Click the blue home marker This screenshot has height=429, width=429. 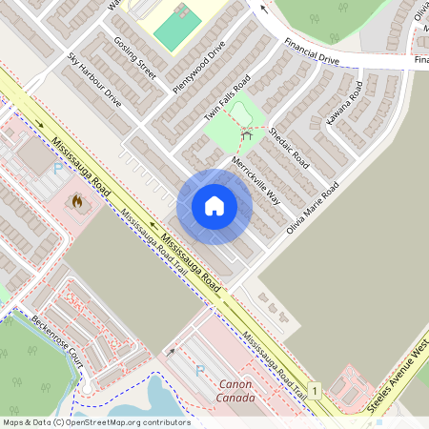tap(214, 206)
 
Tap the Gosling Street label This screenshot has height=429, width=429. tap(133, 57)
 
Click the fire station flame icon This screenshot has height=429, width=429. tap(76, 202)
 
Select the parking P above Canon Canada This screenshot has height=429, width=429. tap(199, 369)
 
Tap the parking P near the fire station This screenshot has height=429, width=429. tap(57, 169)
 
